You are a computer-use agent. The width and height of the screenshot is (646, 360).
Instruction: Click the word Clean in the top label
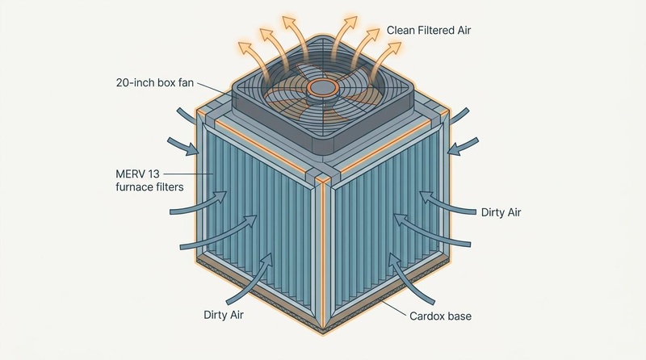(x=401, y=30)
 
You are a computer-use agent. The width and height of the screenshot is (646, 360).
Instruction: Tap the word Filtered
(x=435, y=30)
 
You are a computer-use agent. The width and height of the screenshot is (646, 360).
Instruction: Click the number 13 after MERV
(x=154, y=174)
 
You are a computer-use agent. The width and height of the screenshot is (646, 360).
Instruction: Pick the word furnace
(x=132, y=187)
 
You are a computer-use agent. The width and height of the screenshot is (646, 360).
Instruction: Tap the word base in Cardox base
(x=459, y=316)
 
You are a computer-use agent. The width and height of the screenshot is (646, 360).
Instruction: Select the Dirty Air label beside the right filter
(x=501, y=212)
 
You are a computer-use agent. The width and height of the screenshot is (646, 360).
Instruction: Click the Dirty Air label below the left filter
(x=224, y=315)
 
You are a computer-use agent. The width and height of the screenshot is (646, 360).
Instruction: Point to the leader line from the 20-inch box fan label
(x=215, y=90)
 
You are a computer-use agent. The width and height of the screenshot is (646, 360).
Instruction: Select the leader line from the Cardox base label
(x=394, y=308)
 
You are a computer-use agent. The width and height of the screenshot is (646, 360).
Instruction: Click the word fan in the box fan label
(x=187, y=82)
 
